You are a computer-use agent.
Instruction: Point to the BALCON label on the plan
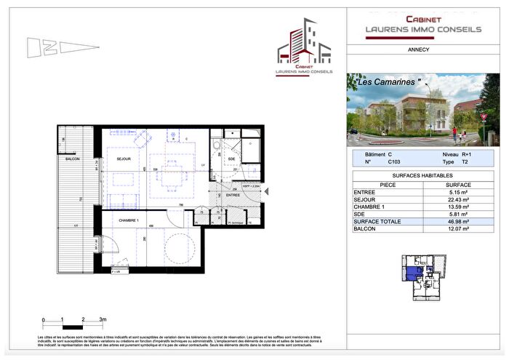[71, 159]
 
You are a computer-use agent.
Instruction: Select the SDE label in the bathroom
[231, 159]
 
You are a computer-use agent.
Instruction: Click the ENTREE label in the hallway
[233, 195]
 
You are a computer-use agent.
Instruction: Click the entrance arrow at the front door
[267, 191]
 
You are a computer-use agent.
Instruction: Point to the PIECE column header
[387, 184]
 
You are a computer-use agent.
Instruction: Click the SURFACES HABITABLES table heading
[422, 176]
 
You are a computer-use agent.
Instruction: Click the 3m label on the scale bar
[103, 320]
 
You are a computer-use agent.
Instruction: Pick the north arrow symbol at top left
[62, 47]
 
